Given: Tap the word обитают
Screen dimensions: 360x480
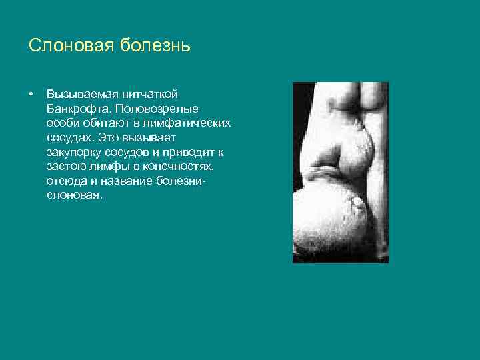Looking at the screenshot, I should click(108, 123).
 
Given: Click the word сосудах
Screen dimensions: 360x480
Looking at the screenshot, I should click(70, 137).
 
